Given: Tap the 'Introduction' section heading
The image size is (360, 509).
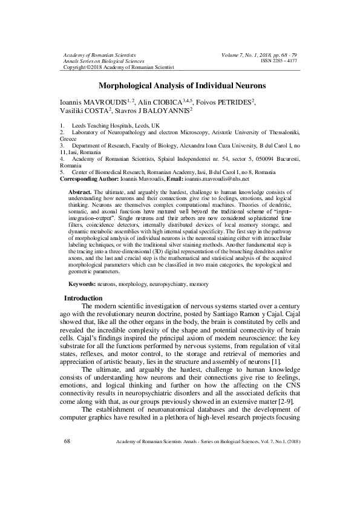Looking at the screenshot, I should click(x=83, y=298).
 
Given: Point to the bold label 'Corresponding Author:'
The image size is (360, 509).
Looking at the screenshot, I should click(x=92, y=179).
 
